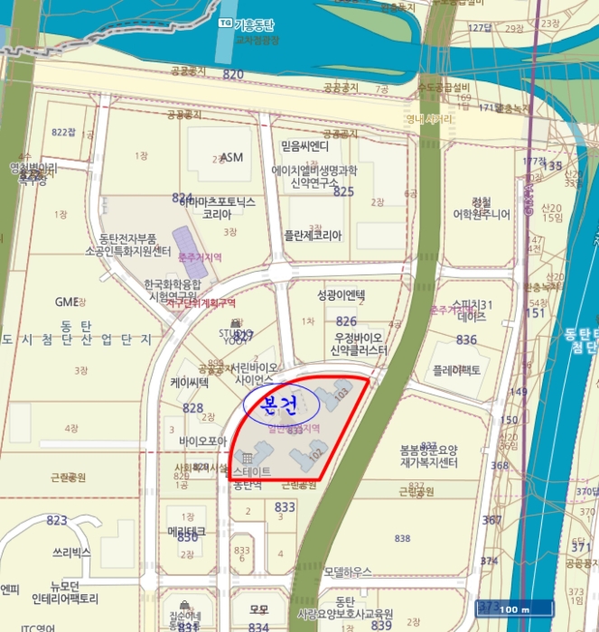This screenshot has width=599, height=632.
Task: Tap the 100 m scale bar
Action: coord(512,609)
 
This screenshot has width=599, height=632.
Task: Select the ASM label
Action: coord(232,157)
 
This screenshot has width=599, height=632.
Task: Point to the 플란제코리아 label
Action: coord(313,236)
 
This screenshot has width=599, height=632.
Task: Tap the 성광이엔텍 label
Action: coord(341,295)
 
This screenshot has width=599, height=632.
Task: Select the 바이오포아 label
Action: coord(202,441)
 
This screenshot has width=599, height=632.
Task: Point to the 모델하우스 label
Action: coord(348,572)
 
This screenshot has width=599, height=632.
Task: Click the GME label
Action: coord(67,302)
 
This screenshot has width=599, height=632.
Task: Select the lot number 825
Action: coord(343,191)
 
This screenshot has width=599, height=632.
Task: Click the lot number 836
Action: coord(466,339)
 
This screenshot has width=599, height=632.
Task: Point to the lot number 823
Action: coord(57,520)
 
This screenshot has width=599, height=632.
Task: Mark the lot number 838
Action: coord(402,538)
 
